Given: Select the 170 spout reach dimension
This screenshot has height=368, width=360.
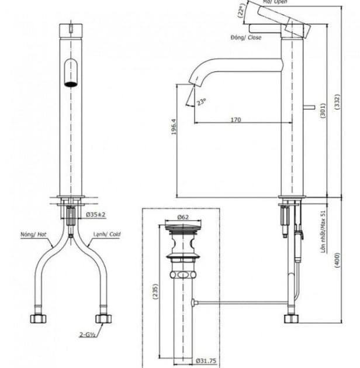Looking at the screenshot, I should coord(235,119).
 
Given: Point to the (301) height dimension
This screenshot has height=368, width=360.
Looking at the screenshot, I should coord(322,114).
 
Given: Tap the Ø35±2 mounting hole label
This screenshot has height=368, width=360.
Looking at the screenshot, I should coord(95,215).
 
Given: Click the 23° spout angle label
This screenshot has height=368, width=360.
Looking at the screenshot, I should coord(202,102).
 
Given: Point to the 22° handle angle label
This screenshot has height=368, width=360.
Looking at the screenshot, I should coord(240,12).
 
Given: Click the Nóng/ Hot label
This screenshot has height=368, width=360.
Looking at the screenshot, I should coord(33,235).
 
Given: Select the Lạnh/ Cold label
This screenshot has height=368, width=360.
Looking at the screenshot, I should coord(107,235).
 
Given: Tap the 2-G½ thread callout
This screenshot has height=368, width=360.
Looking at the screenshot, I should coord(88,335).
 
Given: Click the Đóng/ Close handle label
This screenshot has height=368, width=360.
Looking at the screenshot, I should coord(246,37).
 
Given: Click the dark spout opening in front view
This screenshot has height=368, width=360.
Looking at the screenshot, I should coord(71,83).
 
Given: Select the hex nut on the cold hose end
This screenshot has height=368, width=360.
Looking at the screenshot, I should coord(104,319).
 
